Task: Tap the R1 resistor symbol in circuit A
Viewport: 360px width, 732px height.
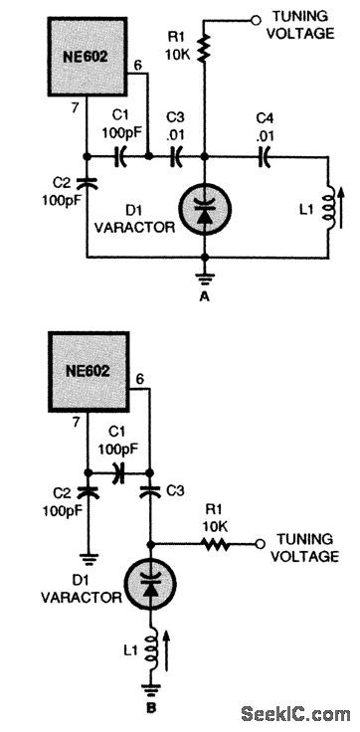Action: [204, 47]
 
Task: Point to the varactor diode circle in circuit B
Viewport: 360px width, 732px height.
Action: [150, 584]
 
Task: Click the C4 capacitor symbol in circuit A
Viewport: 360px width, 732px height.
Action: [266, 154]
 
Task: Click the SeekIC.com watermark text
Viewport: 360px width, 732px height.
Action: [295, 712]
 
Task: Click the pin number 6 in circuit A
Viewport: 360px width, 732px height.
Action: [137, 66]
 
